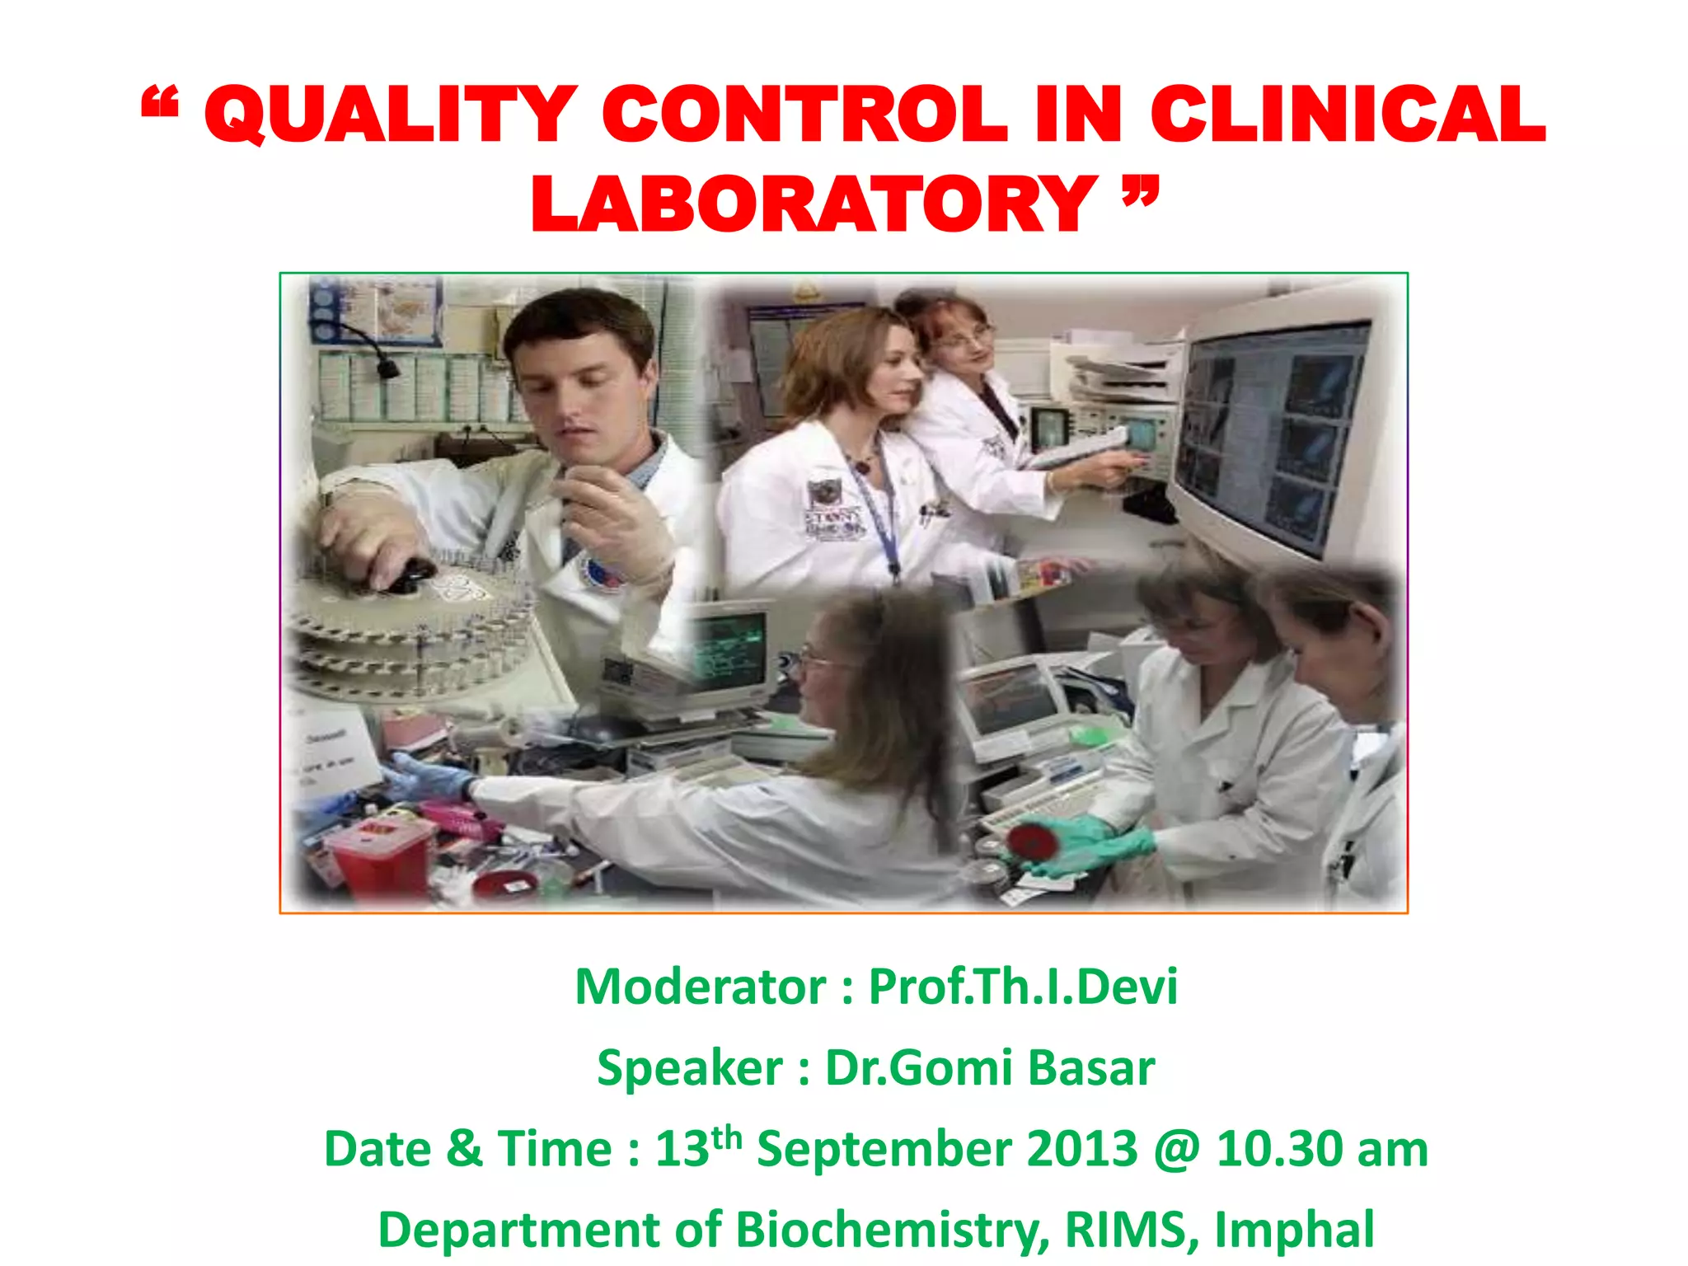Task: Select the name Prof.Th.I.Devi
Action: click(x=1023, y=987)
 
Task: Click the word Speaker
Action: click(x=689, y=1068)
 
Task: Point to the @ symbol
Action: click(x=1177, y=1149)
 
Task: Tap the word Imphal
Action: click(x=1294, y=1230)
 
